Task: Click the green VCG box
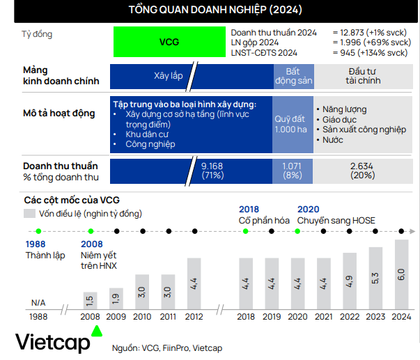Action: [x=169, y=42]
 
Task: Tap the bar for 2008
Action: [x=90, y=300]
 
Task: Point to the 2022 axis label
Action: [x=350, y=316]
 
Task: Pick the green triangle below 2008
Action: [x=98, y=330]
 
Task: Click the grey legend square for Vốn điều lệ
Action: [x=29, y=213]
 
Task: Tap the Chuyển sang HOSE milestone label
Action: [x=336, y=221]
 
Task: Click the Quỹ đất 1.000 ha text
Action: [x=293, y=124]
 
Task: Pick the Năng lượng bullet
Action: [x=345, y=109]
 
